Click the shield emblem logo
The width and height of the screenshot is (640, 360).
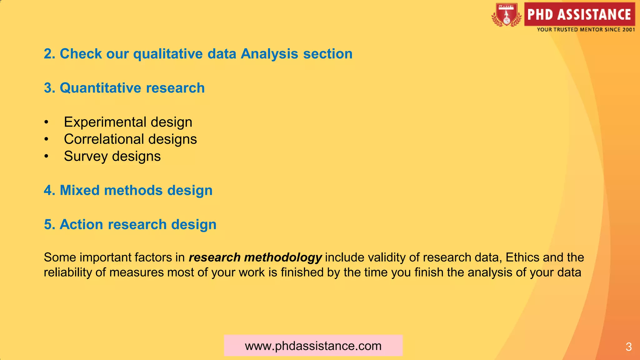pyautogui.click(x=507, y=15)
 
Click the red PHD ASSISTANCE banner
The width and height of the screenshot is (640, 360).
pyautogui.click(x=579, y=14)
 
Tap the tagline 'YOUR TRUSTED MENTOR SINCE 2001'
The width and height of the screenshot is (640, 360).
pyautogui.click(x=586, y=30)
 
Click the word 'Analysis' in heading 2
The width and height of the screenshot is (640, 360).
pyautogui.click(x=269, y=54)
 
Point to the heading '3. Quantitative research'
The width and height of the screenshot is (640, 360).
pyautogui.click(x=124, y=88)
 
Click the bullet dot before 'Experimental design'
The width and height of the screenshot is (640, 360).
pyautogui.click(x=46, y=122)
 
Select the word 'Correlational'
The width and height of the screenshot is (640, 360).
pyautogui.click(x=104, y=139)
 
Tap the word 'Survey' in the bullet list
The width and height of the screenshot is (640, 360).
pyautogui.click(x=86, y=156)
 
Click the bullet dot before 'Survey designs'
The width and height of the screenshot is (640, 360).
pyautogui.click(x=46, y=156)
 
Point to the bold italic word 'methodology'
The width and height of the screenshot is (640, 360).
pyautogui.click(x=283, y=257)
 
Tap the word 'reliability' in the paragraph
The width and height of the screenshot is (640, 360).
pyautogui.click(x=68, y=272)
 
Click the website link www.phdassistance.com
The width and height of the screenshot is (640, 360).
pyautogui.click(x=313, y=346)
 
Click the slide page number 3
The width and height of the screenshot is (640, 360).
pyautogui.click(x=629, y=347)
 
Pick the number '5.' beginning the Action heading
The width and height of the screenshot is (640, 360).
pyautogui.click(x=50, y=224)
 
